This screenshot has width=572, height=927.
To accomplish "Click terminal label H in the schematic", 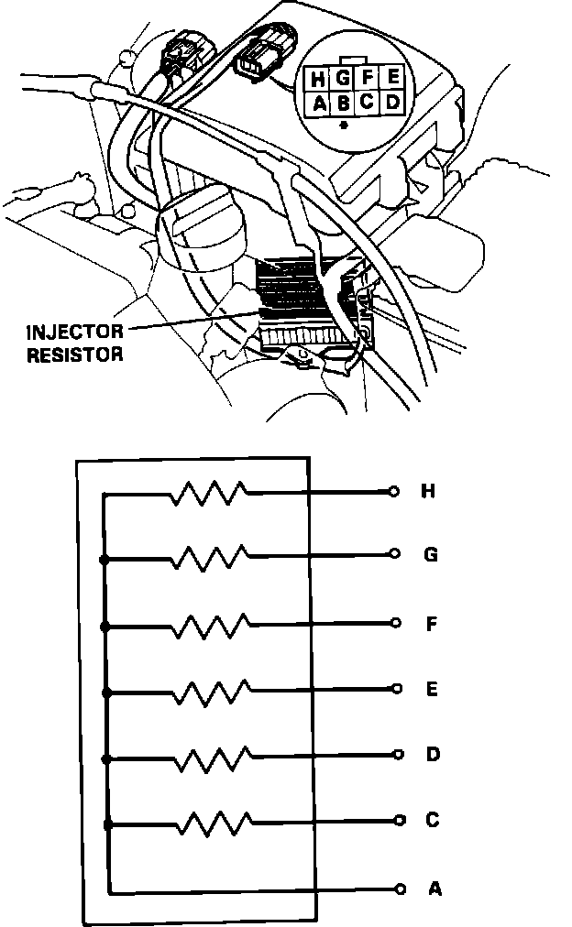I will (427, 492).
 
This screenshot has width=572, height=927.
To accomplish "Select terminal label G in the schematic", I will (430, 555).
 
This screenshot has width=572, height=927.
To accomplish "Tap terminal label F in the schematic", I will (431, 625).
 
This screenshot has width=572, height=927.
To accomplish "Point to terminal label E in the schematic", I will (432, 689).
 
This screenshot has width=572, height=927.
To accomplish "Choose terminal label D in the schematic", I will (433, 755).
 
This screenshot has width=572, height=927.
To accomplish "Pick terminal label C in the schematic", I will (433, 820).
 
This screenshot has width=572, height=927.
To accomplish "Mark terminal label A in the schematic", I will (434, 889).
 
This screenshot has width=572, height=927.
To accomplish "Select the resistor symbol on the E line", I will (210, 688).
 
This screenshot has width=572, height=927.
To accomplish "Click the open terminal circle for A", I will (401, 889).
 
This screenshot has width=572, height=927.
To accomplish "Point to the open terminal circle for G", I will (394, 554).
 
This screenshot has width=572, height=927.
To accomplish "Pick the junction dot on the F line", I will (106, 627).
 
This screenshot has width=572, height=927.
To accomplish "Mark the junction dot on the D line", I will (107, 759).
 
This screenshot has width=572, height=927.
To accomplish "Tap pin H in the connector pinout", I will (320, 79).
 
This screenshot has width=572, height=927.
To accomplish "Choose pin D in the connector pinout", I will (391, 102).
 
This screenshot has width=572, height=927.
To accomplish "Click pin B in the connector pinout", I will (344, 103).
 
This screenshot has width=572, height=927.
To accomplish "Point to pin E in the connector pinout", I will (391, 78).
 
